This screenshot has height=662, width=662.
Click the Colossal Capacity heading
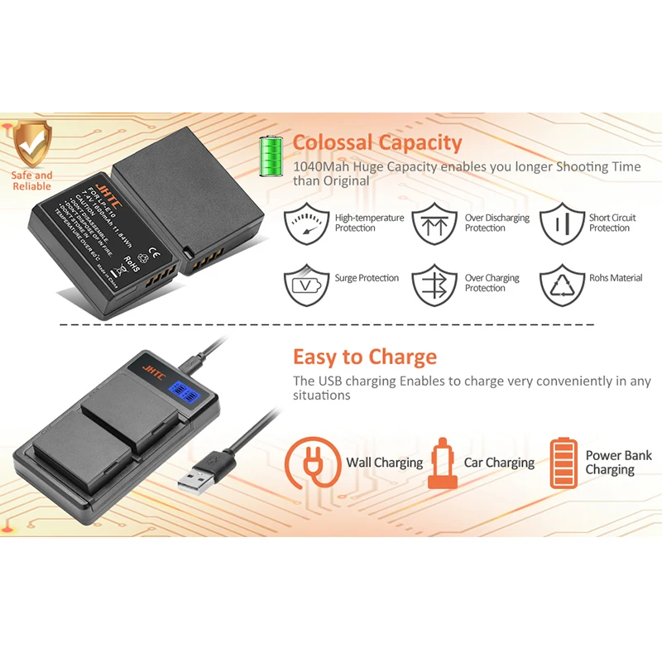(377, 143)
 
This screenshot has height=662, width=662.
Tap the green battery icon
(271, 155)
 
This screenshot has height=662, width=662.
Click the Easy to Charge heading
(364, 357)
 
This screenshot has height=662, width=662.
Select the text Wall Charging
(384, 463)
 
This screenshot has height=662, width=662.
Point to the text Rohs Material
(616, 279)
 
